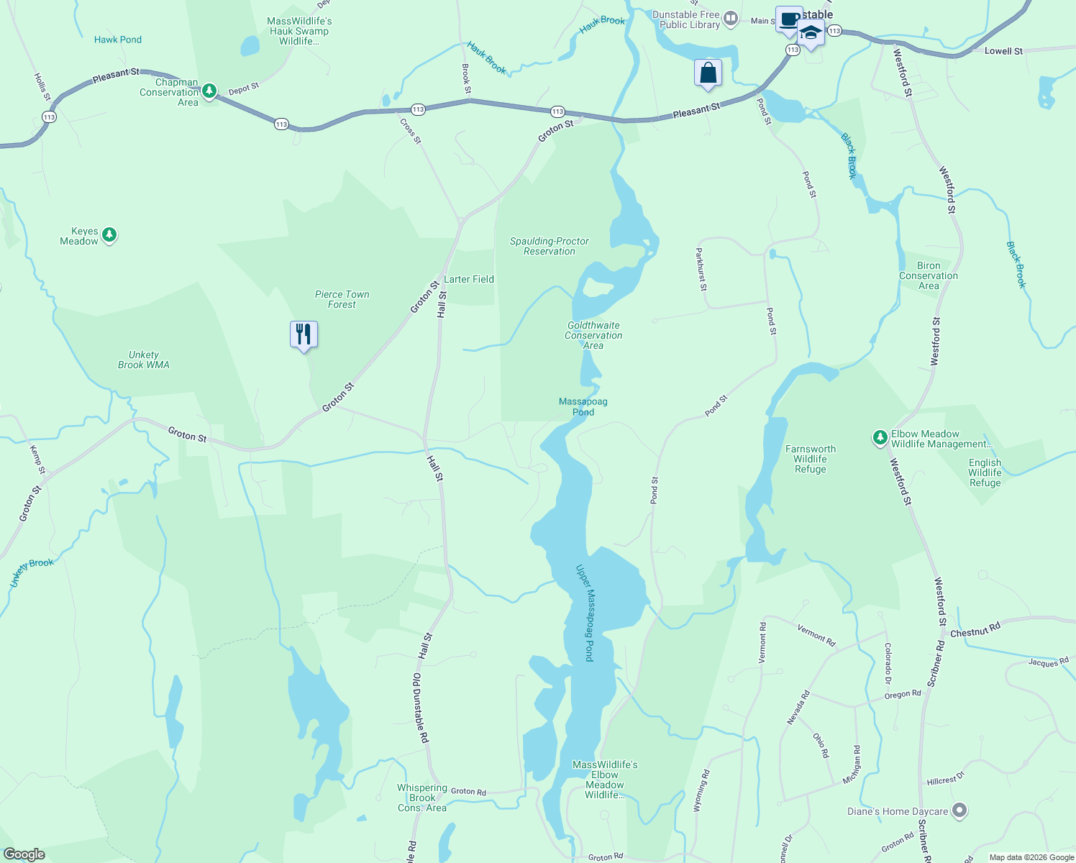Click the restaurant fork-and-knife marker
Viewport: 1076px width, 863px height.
click(304, 334)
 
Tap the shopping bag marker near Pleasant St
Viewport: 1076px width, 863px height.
click(708, 73)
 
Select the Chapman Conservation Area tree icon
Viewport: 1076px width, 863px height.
click(209, 91)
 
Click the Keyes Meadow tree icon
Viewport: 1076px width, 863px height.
click(109, 235)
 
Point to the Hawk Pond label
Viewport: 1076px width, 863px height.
click(118, 40)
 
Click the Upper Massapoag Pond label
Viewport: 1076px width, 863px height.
click(585, 613)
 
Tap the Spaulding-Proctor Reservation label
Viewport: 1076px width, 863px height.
click(550, 246)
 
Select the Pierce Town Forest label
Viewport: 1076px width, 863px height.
click(342, 299)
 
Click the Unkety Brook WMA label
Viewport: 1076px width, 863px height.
click(144, 360)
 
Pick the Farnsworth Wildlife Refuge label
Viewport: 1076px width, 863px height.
click(811, 459)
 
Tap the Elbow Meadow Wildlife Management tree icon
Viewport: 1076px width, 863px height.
click(879, 437)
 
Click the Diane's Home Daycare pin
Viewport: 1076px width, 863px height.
click(959, 811)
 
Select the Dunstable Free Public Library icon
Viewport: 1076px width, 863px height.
click(731, 19)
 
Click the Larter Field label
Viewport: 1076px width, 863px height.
click(469, 279)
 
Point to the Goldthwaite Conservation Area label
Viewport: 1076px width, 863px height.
click(593, 335)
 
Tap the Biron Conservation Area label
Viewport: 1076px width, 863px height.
click(929, 275)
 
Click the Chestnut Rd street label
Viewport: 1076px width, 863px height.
click(975, 631)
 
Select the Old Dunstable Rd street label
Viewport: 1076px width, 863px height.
click(420, 708)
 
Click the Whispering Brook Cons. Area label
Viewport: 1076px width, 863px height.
click(422, 798)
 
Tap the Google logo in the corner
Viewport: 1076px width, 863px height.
click(24, 854)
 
